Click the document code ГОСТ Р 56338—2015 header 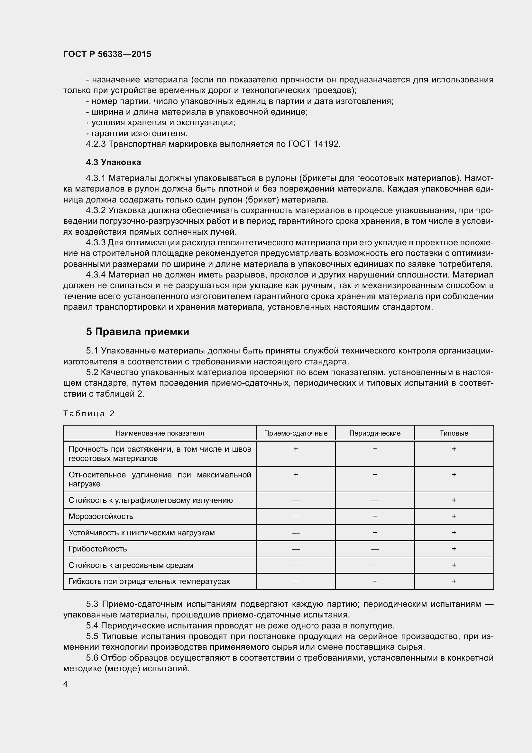107,54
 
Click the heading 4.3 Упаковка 113,162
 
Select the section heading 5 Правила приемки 138,332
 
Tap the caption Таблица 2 89,414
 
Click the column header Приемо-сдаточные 296,433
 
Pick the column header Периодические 375,433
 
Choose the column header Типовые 454,433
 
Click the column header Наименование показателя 160,433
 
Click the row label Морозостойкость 101,516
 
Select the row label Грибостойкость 98,549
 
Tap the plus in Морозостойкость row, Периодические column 375,516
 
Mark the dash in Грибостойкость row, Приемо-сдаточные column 296,549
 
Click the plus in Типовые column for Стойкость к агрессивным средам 454,565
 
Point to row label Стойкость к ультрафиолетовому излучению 150,500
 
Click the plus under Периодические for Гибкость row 375,581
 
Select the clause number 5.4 92,626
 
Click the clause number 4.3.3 96,243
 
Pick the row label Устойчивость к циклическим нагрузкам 142,532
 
